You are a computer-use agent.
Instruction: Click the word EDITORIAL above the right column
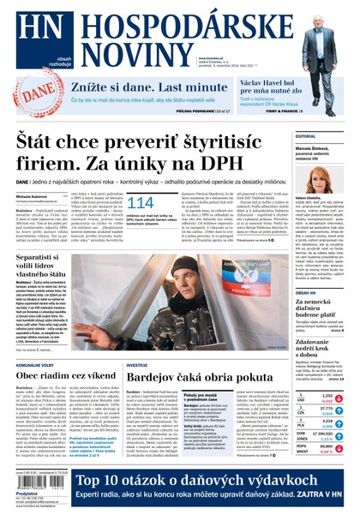(306, 136)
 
